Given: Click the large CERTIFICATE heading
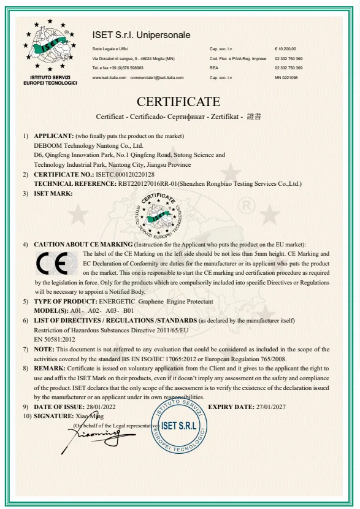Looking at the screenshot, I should tap(178, 101).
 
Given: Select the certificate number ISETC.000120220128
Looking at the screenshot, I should tap(125, 175).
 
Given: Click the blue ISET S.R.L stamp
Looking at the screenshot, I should tap(178, 425).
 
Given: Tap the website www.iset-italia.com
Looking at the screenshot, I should tap(109, 78).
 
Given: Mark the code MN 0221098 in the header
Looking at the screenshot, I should tap(286, 78).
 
